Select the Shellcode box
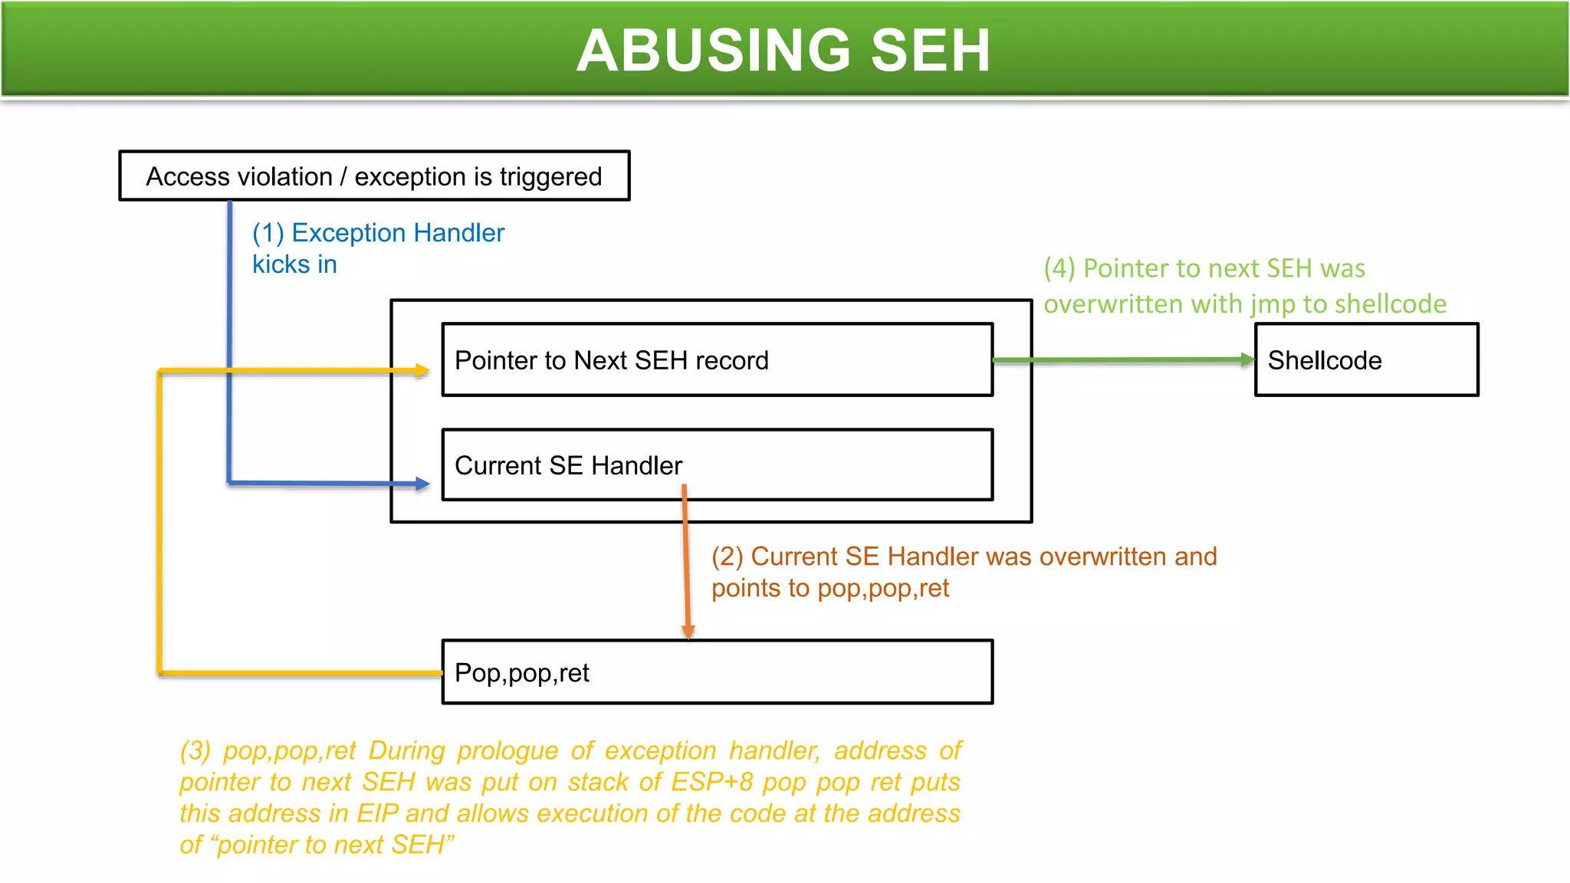(x=1366, y=360)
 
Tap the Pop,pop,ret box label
(x=522, y=673)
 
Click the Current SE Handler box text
(x=568, y=465)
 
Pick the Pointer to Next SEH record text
(x=611, y=360)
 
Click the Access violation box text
(x=374, y=176)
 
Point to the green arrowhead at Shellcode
(x=1247, y=359)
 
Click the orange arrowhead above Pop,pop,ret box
(x=688, y=631)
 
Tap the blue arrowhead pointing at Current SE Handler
(x=422, y=484)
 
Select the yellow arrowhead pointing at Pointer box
(x=422, y=370)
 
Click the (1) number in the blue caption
(x=268, y=233)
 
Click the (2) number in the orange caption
(x=728, y=556)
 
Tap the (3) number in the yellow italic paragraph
(x=195, y=750)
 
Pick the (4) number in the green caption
(x=1059, y=268)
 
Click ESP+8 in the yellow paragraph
(x=711, y=782)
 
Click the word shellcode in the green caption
(x=1390, y=304)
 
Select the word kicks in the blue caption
(x=281, y=264)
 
